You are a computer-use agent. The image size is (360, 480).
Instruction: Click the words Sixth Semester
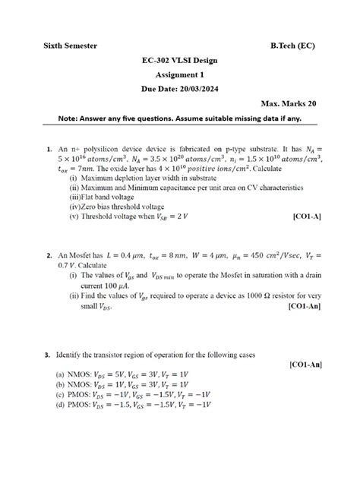[x=70, y=46]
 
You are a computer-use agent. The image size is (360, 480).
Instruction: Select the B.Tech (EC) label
[x=293, y=46]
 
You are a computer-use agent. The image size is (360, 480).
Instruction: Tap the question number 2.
[x=48, y=256]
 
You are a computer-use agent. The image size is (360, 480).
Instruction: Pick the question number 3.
[x=48, y=354]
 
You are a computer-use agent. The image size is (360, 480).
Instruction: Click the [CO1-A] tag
[x=306, y=216]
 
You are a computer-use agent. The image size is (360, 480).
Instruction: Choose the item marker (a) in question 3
[x=59, y=375]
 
